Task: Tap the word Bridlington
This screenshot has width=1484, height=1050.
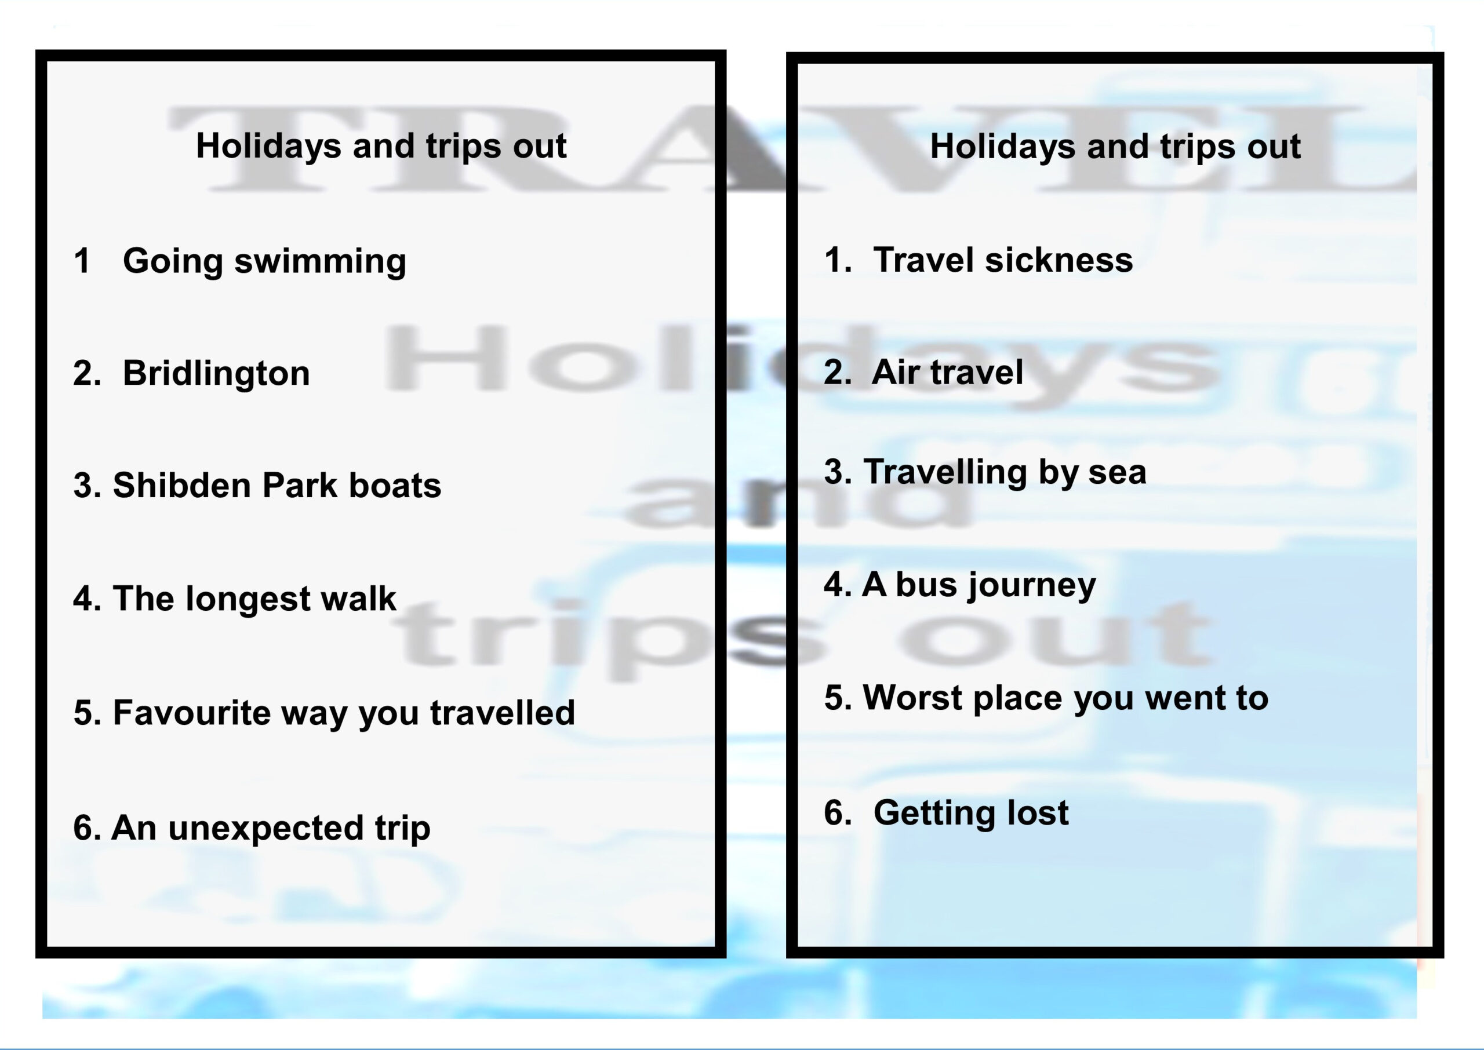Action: pos(217,373)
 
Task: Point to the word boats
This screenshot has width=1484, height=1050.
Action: pos(395,485)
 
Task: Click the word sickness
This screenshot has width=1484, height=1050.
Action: pos(1059,260)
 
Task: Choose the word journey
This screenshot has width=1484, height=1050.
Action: pos(1031,586)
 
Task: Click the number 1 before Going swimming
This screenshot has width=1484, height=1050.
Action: pos(82,261)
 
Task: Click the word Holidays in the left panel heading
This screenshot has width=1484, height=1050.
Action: pos(268,146)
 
